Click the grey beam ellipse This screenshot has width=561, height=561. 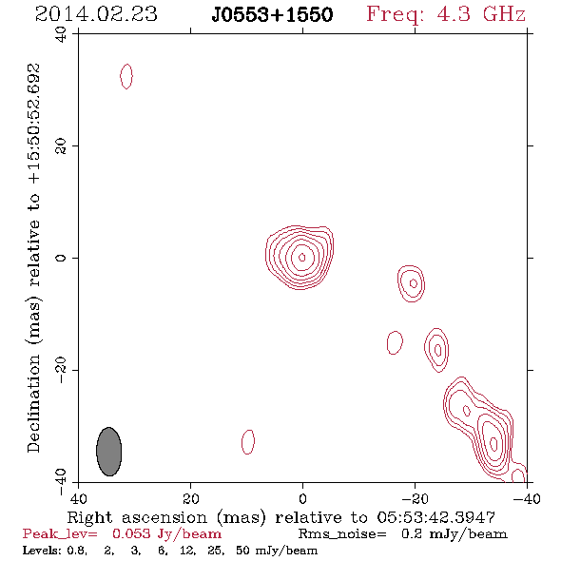click(x=108, y=452)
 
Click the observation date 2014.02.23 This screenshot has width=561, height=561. click(x=96, y=14)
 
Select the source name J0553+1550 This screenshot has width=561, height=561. click(x=272, y=15)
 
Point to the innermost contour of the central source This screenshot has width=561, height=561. click(x=302, y=258)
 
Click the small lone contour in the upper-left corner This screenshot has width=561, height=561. click(x=126, y=76)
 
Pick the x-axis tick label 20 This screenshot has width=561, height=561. click(x=190, y=498)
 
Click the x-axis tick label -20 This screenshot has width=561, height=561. click(x=415, y=498)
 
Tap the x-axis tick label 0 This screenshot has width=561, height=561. click(x=302, y=498)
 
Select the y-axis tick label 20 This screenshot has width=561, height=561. click(x=61, y=146)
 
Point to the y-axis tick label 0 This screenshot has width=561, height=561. click(x=61, y=258)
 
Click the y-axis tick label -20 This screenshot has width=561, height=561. click(x=61, y=370)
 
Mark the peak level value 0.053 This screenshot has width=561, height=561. click(x=131, y=533)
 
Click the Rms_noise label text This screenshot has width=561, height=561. click(x=342, y=534)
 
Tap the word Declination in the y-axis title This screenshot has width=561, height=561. click(x=33, y=403)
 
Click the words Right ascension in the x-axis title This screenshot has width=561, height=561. click(x=137, y=517)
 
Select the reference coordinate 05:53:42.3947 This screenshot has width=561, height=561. click(x=435, y=517)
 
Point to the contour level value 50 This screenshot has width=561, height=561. click(x=243, y=551)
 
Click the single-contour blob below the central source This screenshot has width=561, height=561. click(x=248, y=442)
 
